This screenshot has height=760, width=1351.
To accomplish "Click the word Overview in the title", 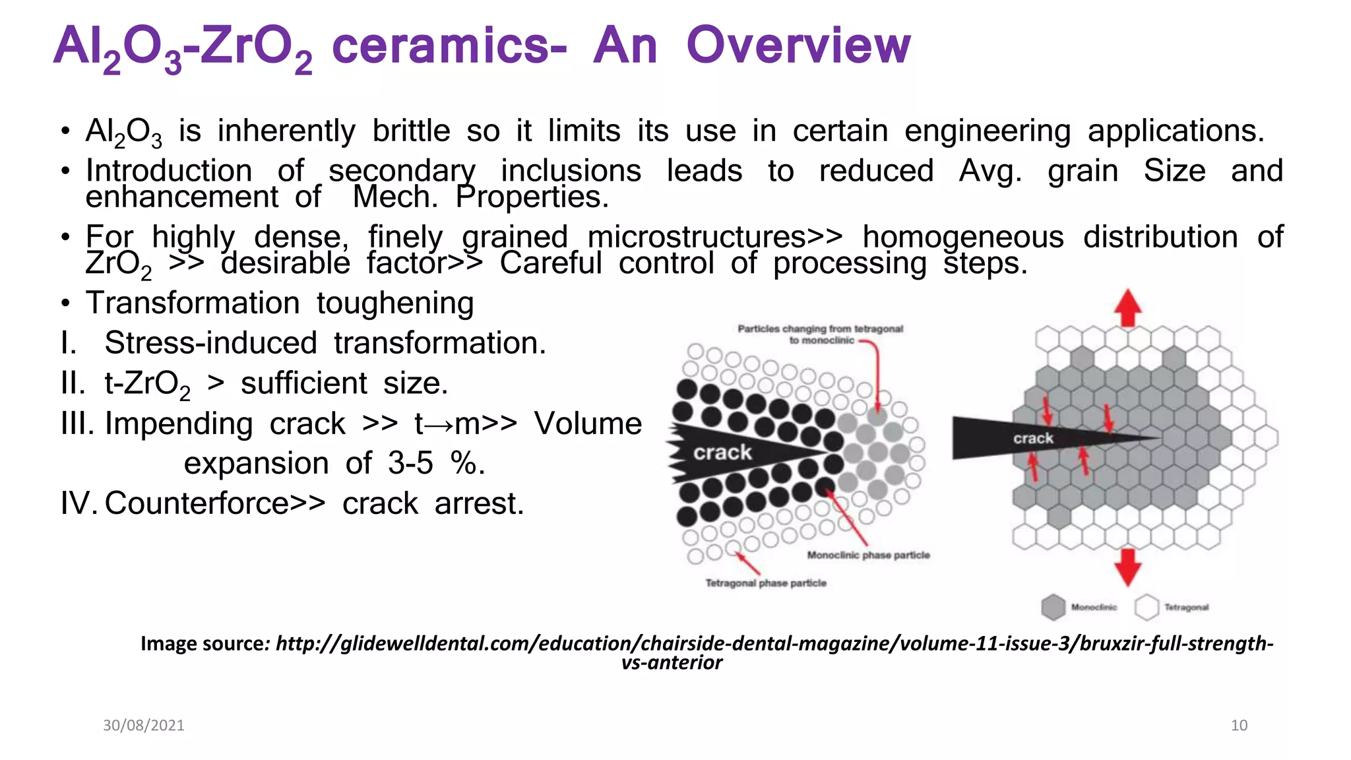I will [798, 46].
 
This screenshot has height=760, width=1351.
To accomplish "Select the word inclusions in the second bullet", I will [571, 171].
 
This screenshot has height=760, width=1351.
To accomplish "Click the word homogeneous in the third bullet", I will [963, 237].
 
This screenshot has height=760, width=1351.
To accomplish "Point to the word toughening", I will [395, 303].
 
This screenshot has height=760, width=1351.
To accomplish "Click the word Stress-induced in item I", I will [210, 343].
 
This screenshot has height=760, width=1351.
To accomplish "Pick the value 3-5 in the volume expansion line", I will [410, 463].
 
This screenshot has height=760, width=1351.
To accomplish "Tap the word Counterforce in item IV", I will [197, 503].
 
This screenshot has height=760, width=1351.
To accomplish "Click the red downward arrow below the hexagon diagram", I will [1128, 566].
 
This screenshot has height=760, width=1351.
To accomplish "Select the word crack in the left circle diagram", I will [722, 453].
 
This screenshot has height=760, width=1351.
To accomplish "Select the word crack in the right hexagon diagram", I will [1033, 439].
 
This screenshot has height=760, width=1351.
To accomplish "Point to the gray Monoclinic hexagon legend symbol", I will [1053, 607].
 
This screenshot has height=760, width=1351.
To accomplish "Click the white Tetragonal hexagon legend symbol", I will [1147, 607].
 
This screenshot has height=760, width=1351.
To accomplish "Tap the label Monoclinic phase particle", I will [868, 555].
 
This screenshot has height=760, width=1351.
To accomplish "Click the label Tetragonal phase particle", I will [766, 583].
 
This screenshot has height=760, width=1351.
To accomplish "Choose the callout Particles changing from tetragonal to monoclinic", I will [820, 334].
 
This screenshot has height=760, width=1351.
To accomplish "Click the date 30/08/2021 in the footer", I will [144, 726].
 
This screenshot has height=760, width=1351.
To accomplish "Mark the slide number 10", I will [1239, 726].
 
